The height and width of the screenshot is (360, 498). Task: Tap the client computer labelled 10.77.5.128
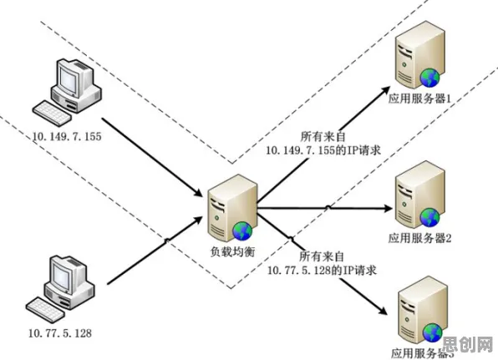pyautogui.click(x=60, y=288)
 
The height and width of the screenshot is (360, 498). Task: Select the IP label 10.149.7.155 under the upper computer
pyautogui.click(x=67, y=136)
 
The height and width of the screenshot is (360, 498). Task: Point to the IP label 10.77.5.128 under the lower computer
pyautogui.click(x=60, y=333)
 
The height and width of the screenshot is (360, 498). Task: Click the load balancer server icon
pyautogui.click(x=231, y=209)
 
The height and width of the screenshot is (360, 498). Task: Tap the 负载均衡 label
pyautogui.click(x=233, y=251)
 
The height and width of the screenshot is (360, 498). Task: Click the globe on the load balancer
pyautogui.click(x=242, y=231)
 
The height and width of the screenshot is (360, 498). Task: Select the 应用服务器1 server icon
pyautogui.click(x=419, y=55)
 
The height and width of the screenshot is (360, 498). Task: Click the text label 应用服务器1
pyautogui.click(x=419, y=99)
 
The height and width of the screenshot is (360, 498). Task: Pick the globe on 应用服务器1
pyautogui.click(x=429, y=78)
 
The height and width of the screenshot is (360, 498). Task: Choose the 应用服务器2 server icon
pyautogui.click(x=419, y=195)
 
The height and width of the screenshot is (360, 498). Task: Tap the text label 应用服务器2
pyautogui.click(x=419, y=238)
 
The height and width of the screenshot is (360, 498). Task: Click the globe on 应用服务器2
pyautogui.click(x=429, y=217)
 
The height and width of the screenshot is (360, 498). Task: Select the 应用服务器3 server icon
pyautogui.click(x=423, y=311)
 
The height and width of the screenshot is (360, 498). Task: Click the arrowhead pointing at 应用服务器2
pyautogui.click(x=389, y=209)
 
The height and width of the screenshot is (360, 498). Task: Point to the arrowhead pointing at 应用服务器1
pyautogui.click(x=385, y=90)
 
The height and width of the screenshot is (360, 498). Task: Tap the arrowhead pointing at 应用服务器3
pyautogui.click(x=383, y=310)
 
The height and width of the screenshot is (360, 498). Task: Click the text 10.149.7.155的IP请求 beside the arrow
pyautogui.click(x=323, y=150)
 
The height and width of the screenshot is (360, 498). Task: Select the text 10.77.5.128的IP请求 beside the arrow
pyautogui.click(x=322, y=270)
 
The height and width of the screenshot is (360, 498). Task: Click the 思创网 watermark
pyautogui.click(x=468, y=344)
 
